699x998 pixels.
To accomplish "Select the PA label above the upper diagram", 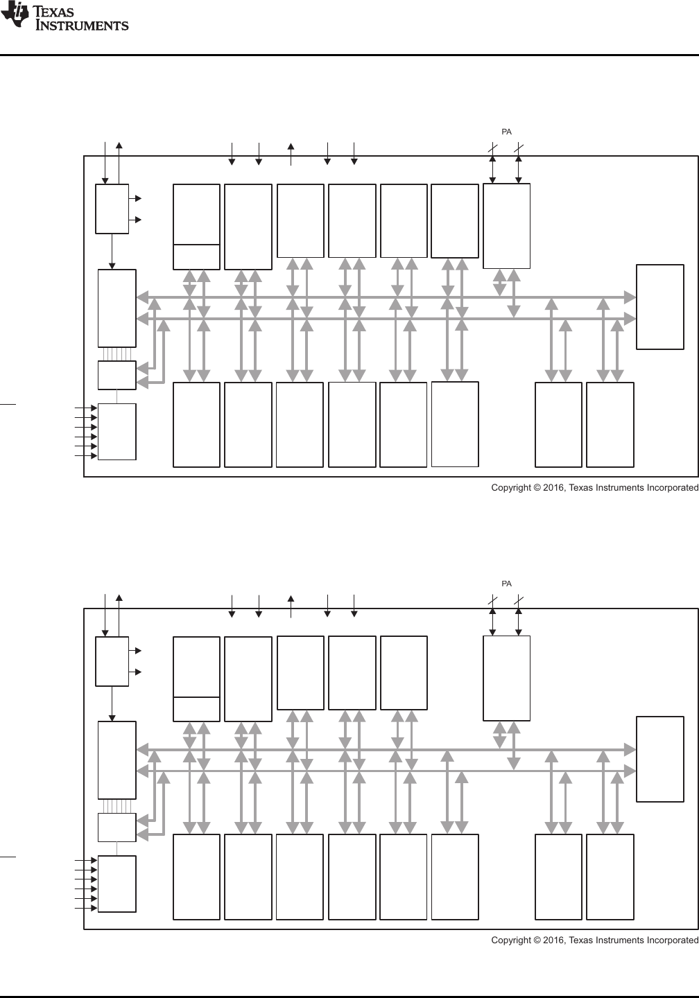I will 507,132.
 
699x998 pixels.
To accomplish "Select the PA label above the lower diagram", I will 507,584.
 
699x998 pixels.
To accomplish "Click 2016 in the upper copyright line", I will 554,488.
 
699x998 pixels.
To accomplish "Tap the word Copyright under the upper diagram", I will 513,488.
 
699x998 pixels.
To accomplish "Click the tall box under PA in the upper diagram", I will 506,226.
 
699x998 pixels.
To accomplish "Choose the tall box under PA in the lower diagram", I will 506,679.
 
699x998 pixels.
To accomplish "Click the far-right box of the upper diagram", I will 660,306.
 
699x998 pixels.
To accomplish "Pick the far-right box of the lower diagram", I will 660,759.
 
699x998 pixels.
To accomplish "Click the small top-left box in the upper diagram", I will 112,209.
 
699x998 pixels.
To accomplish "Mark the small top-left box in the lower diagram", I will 112,661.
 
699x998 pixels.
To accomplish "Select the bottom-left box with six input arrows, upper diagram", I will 116,431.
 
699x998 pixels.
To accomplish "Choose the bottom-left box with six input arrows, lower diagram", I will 116,884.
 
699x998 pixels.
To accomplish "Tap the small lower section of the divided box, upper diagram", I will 196,256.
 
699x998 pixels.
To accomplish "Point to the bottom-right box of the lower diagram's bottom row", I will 610,877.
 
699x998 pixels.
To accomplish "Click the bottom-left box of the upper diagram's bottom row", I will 196,424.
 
